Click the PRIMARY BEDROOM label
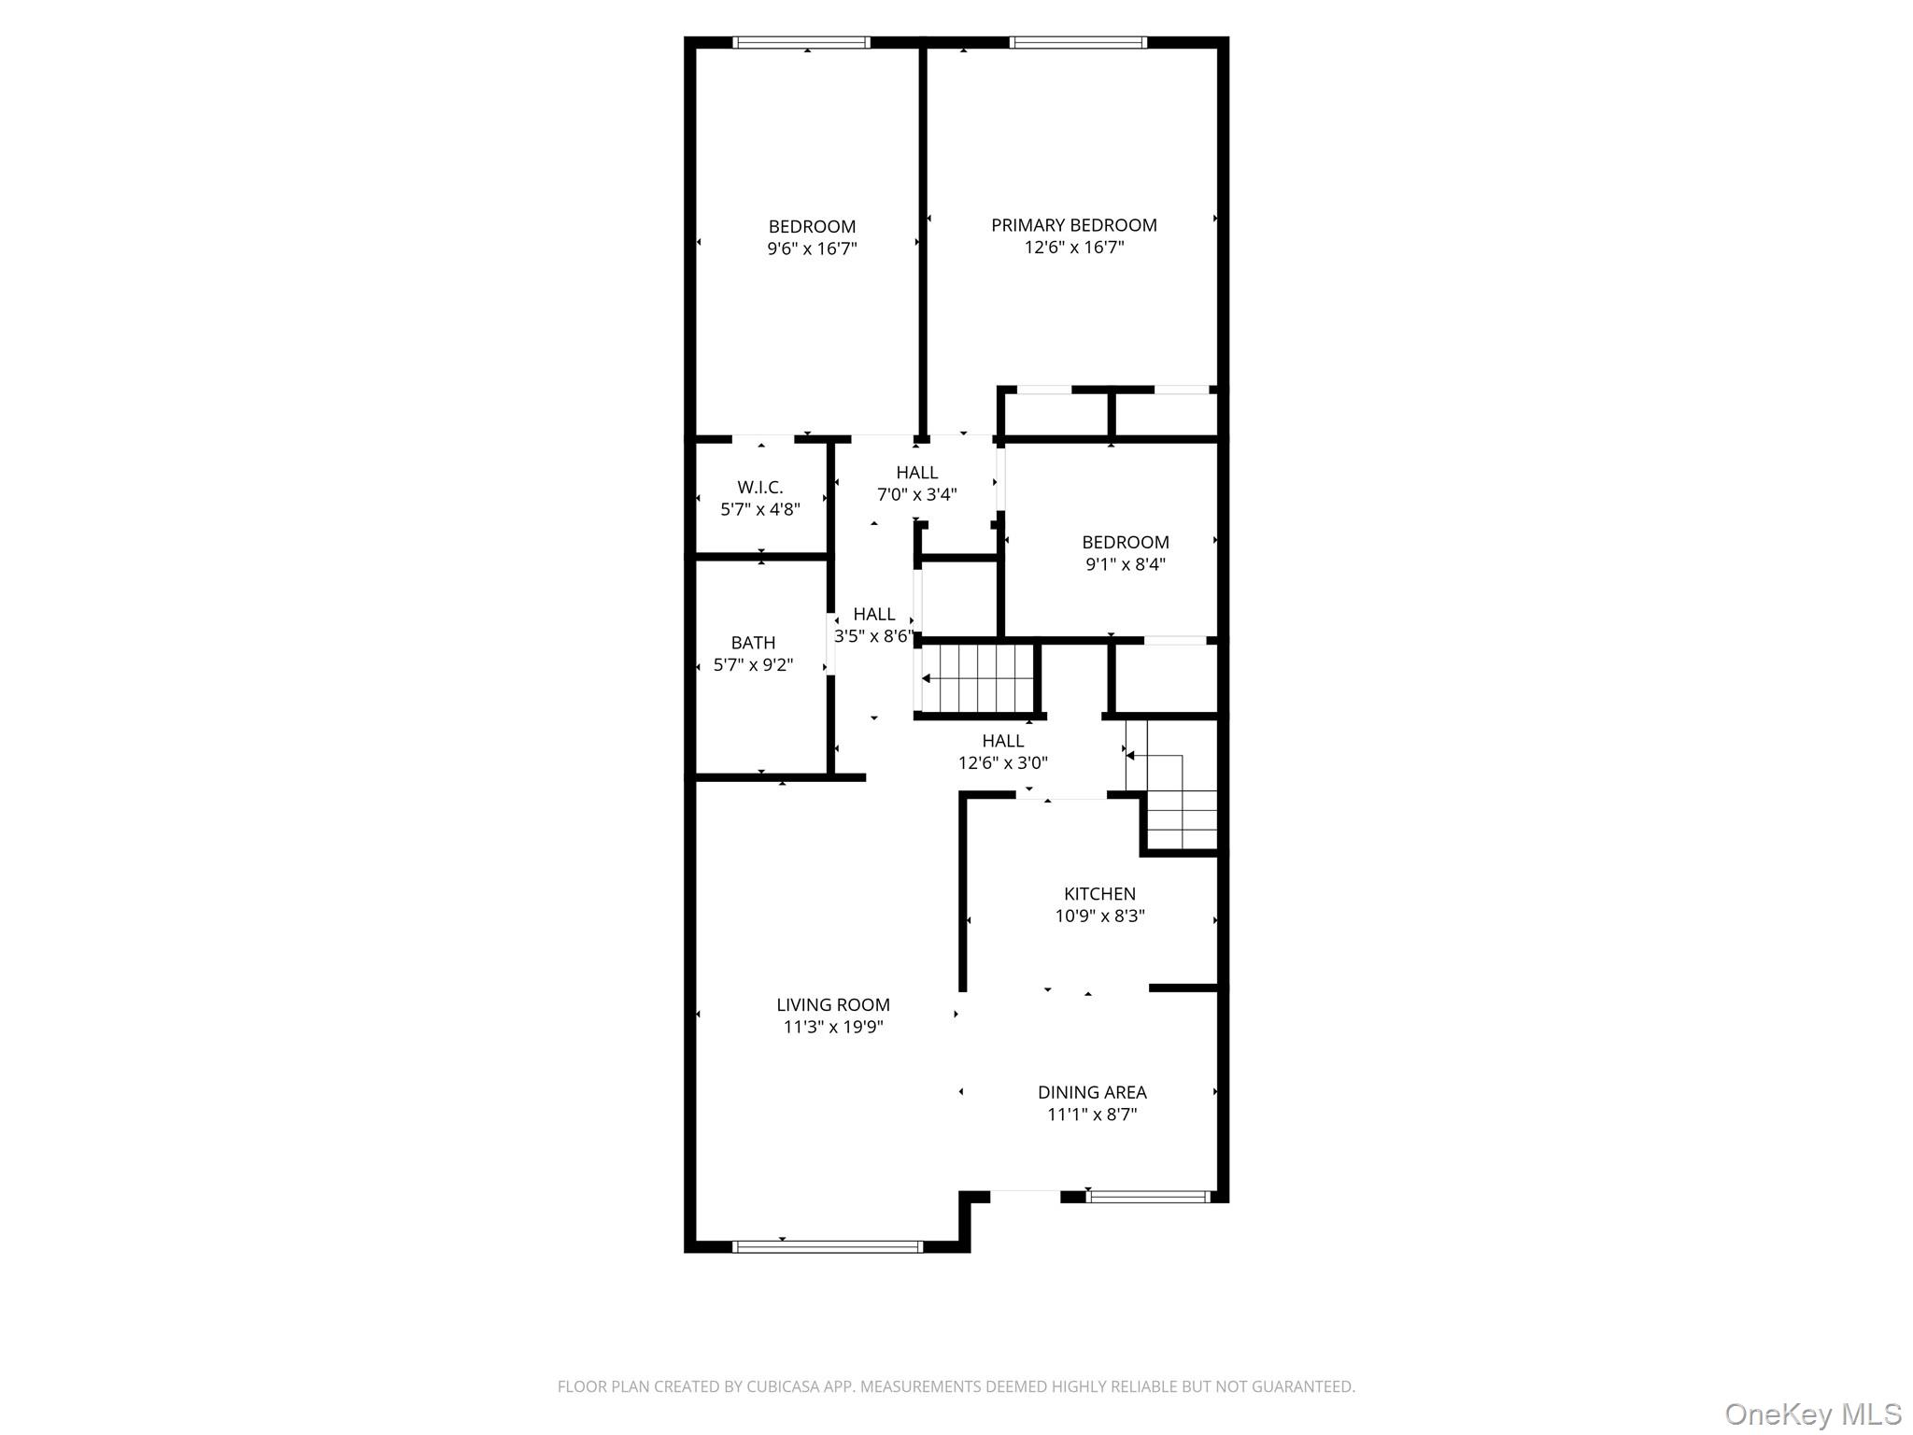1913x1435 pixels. click(1073, 225)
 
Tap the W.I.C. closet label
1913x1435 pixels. click(760, 487)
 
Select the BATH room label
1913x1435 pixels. click(753, 643)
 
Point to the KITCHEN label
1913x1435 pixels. click(1099, 894)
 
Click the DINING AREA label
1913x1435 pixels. click(1092, 1092)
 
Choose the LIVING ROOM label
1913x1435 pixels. click(833, 1005)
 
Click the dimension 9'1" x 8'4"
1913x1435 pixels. click(1126, 564)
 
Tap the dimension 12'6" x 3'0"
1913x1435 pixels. click(1003, 763)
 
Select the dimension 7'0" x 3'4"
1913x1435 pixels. click(917, 495)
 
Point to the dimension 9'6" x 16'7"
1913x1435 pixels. click(813, 249)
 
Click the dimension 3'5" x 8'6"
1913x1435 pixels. click(874, 636)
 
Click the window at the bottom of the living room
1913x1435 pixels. click(828, 1246)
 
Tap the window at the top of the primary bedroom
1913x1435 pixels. click(1078, 42)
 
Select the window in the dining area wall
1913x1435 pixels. click(1149, 1197)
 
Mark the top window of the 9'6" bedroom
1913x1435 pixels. click(801, 42)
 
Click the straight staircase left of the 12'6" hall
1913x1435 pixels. click(978, 678)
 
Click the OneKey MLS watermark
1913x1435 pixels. click(1813, 1414)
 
